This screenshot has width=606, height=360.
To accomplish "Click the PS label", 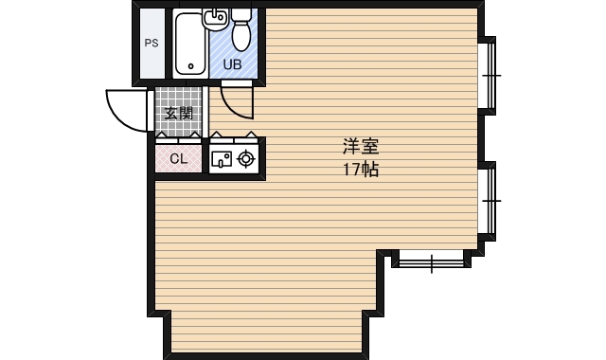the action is pyautogui.click(x=151, y=43).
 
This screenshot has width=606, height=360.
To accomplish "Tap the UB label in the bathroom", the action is pyautogui.click(x=233, y=64).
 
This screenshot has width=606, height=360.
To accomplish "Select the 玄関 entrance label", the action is pyautogui.click(x=179, y=114).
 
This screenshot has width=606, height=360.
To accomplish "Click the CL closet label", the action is pyautogui.click(x=179, y=158).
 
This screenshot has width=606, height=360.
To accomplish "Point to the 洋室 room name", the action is pyautogui.click(x=361, y=147).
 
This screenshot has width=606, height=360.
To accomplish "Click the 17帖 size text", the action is pyautogui.click(x=361, y=170).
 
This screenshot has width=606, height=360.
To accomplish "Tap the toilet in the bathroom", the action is pyautogui.click(x=241, y=30).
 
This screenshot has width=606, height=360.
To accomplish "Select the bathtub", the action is pyautogui.click(x=189, y=44).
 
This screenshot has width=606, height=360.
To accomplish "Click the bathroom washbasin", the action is pyautogui.click(x=215, y=19).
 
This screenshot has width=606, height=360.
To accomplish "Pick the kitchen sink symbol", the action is pyautogui.click(x=222, y=159).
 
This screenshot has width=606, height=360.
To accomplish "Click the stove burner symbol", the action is pyautogui.click(x=246, y=159).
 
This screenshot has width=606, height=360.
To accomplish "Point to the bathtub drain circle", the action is pyautogui.click(x=190, y=66).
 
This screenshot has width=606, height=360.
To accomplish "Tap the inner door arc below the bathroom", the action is pyautogui.click(x=232, y=108).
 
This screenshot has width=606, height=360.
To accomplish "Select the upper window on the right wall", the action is pyautogui.click(x=488, y=76).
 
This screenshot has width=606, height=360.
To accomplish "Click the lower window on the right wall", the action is pyautogui.click(x=488, y=201).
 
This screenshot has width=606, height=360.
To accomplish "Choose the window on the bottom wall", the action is pyautogui.click(x=432, y=261).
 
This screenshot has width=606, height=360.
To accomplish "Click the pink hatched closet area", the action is pyautogui.click(x=179, y=158).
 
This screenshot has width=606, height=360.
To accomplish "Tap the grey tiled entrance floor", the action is pyautogui.click(x=179, y=112).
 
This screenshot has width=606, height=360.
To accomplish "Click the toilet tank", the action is pyautogui.click(x=241, y=14).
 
